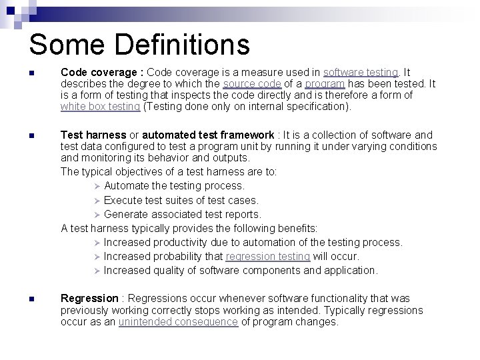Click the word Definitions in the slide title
[x=182, y=45]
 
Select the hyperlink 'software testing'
[x=361, y=72]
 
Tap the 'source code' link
[x=252, y=83]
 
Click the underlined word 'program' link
[x=325, y=83]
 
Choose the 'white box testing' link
[x=100, y=106]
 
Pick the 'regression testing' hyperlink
[x=268, y=256]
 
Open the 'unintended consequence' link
[x=178, y=321]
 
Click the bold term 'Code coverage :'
[x=102, y=72]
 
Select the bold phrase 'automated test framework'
[x=208, y=135]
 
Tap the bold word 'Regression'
[x=89, y=298]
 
